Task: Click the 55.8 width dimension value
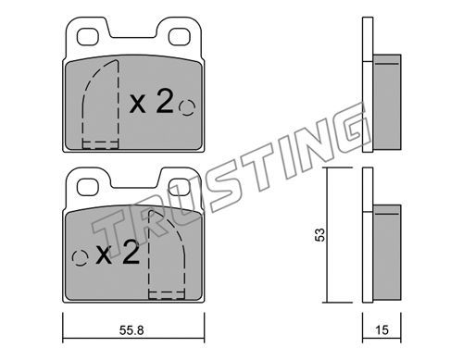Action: click(x=131, y=330)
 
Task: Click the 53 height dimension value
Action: click(x=321, y=235)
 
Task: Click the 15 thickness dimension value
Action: click(x=382, y=330)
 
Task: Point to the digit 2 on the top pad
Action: click(x=164, y=100)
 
